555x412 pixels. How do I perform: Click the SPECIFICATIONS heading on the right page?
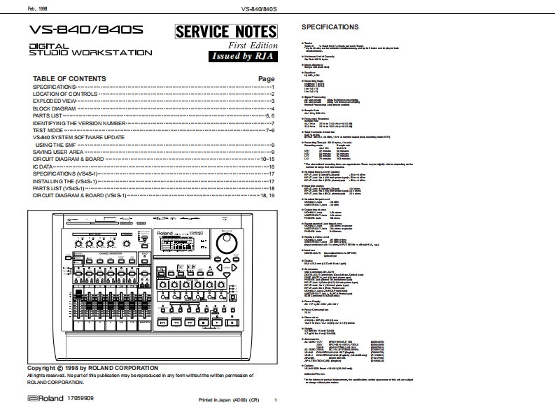329,27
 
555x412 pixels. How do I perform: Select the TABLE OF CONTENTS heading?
70,78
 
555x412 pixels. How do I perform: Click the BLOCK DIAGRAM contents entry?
55,109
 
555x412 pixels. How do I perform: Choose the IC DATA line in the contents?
43,166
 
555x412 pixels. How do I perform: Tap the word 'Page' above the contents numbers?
266,79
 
